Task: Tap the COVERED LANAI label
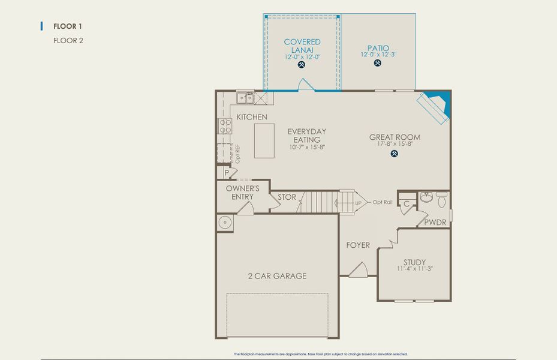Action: click(302, 46)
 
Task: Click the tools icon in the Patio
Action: click(378, 63)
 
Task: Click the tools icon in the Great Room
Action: click(395, 153)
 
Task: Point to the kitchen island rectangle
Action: click(264, 141)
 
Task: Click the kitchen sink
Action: click(245, 98)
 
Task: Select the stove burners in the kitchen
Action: click(225, 126)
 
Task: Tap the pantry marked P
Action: click(227, 173)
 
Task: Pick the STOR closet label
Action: click(287, 196)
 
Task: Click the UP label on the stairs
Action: click(358, 203)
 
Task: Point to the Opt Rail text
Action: click(383, 202)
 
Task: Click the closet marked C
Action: click(406, 204)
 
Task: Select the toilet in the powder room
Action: click(442, 197)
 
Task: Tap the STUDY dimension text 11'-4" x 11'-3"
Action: click(414, 269)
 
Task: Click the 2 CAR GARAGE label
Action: click(277, 276)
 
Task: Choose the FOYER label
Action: click(358, 245)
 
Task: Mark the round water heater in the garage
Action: click(225, 223)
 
